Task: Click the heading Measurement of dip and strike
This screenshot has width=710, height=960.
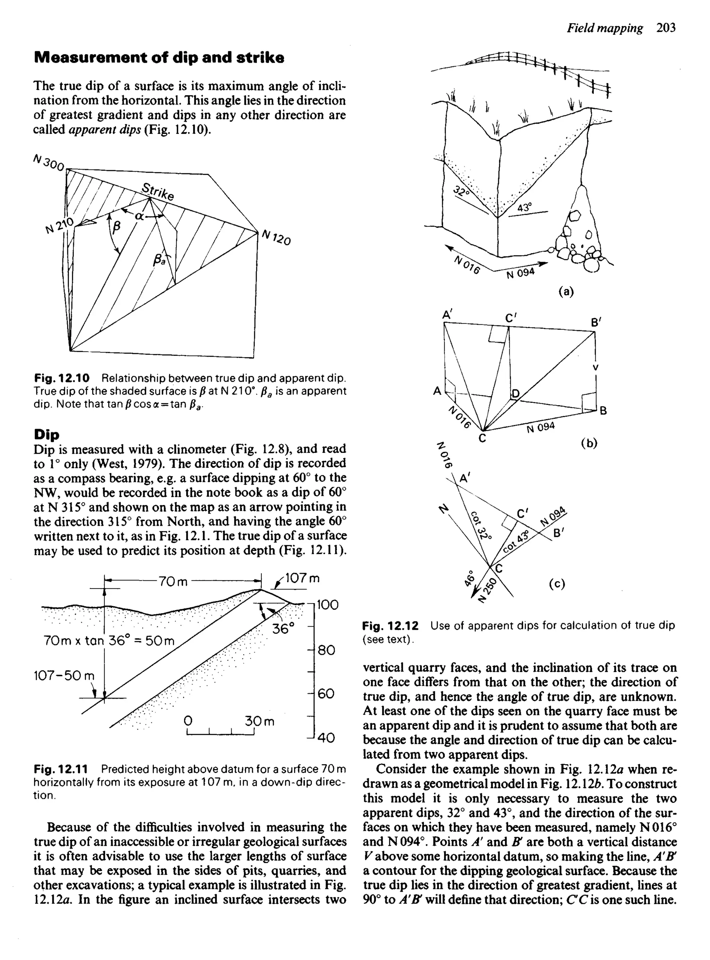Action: click(158, 58)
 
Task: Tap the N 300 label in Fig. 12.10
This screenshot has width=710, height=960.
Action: click(49, 162)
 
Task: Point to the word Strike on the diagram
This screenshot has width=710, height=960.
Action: click(158, 192)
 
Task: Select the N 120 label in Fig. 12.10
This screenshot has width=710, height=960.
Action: click(276, 237)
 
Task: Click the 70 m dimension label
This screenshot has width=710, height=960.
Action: click(173, 582)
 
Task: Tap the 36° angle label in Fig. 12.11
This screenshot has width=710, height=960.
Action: click(283, 629)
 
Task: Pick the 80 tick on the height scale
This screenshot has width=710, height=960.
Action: click(326, 650)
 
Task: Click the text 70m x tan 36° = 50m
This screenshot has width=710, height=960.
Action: click(109, 641)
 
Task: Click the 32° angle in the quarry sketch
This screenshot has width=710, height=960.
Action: click(461, 191)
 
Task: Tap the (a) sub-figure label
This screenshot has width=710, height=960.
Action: click(566, 292)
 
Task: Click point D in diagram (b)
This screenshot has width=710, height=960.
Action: click(515, 394)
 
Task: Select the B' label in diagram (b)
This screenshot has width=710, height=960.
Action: click(596, 322)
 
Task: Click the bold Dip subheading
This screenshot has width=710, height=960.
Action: click(46, 434)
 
